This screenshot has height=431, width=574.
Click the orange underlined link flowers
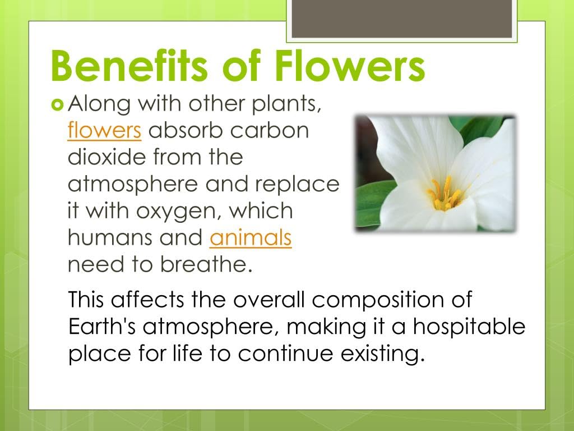(104, 130)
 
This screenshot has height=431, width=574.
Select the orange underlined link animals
(251, 237)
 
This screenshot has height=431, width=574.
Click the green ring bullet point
(57, 105)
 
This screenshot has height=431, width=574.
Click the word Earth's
(102, 326)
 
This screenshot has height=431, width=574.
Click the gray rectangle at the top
(401, 19)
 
